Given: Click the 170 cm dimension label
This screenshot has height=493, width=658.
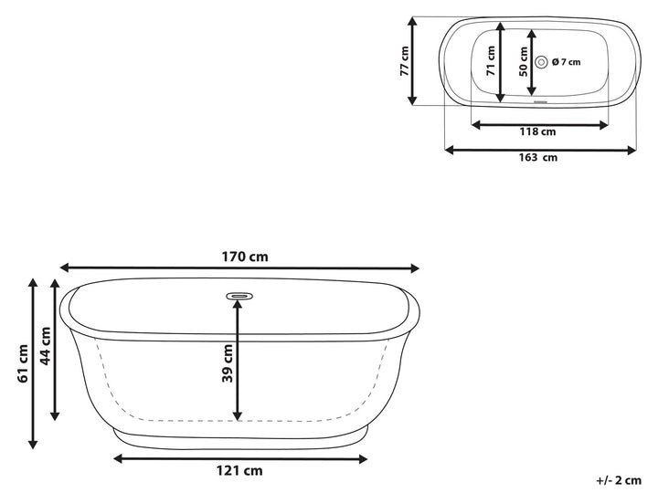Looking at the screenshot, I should tap(239, 257).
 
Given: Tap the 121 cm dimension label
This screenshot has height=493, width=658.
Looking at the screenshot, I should tap(239, 471).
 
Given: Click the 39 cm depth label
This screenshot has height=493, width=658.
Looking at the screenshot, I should tap(227, 363).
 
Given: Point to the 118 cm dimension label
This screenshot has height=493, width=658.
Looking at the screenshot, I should tap(538, 131).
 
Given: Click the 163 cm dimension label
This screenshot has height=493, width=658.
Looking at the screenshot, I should tap(538, 157).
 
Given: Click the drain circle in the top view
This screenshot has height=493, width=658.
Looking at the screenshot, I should tap(541, 62).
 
